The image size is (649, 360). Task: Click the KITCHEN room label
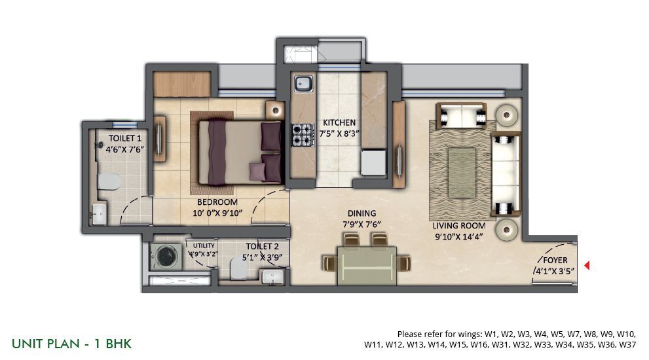339,122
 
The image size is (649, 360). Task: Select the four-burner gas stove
303,134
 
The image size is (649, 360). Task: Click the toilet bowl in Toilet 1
109,181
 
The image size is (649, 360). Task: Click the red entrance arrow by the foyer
587,265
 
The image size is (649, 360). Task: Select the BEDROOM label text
217,202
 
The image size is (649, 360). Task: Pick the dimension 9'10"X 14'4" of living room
459,237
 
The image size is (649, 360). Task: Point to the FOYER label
555,261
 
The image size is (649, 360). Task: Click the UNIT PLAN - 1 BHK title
71,344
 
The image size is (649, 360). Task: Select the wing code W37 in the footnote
627,344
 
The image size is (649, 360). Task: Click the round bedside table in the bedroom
275,111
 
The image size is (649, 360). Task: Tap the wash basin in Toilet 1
100,213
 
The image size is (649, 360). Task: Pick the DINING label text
362,213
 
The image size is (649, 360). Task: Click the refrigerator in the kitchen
373,162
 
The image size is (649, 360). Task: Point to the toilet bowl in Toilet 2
237,268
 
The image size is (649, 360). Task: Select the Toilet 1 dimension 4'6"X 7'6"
125,149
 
